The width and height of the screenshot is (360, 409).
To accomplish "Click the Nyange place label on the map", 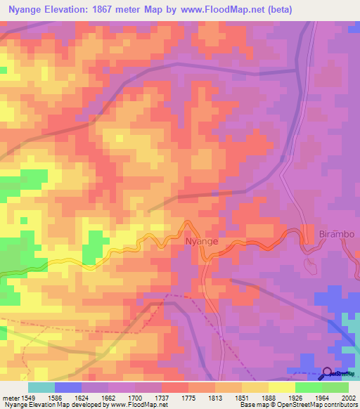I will (201, 241).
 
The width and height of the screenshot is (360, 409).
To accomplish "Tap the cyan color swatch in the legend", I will (41, 387).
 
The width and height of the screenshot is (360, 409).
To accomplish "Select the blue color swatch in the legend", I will (68, 387).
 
